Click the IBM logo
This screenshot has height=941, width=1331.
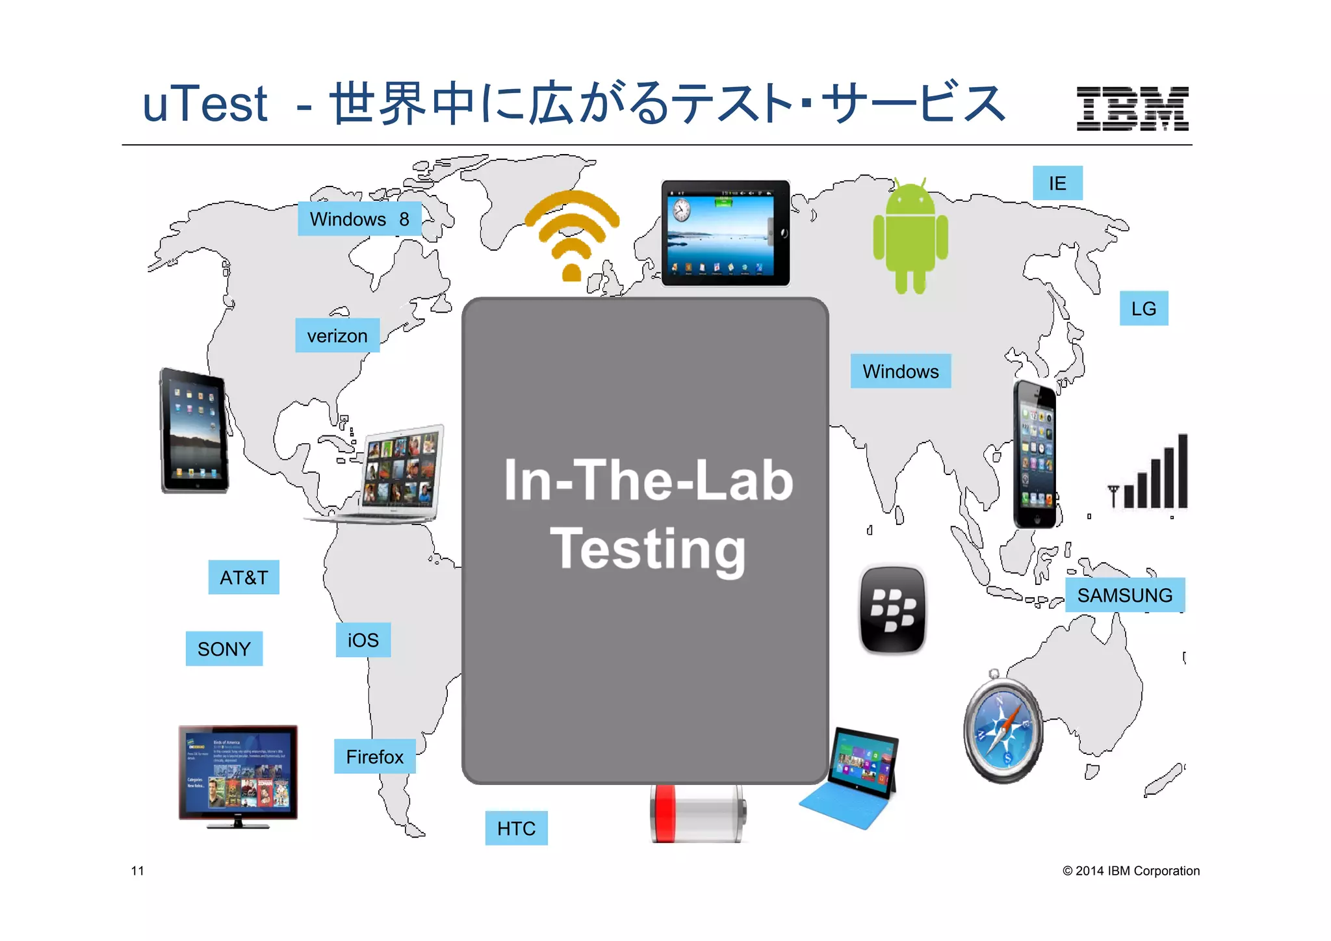(1132, 109)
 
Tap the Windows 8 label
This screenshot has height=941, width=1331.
(359, 219)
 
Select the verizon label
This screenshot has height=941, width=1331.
(337, 336)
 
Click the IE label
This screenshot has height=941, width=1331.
(1057, 183)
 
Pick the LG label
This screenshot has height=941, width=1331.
(1144, 308)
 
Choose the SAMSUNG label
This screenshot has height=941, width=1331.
(1125, 595)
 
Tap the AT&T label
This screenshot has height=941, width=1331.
(244, 577)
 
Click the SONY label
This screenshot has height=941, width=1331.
(224, 649)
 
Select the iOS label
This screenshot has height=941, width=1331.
(363, 640)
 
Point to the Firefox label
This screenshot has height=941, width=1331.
(375, 756)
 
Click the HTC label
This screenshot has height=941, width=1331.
(517, 828)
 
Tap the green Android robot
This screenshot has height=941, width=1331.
(911, 237)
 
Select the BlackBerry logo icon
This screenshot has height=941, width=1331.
(893, 610)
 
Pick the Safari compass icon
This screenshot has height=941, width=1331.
(1003, 728)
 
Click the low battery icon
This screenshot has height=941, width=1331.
(698, 814)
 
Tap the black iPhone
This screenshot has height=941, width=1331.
(1035, 454)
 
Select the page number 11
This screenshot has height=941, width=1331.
(138, 871)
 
